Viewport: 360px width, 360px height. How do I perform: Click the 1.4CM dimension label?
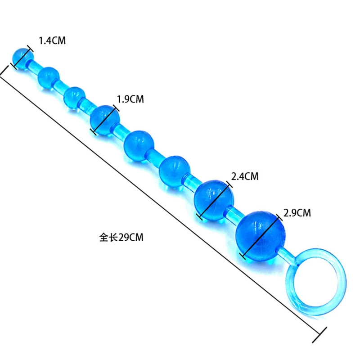tap(52, 41)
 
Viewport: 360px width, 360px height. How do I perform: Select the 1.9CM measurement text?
tap(130, 99)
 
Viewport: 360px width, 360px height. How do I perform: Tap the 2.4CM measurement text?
tap(245, 176)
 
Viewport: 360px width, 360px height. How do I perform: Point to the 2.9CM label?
tap(297, 212)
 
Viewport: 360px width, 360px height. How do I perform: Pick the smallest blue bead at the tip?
tap(22, 58)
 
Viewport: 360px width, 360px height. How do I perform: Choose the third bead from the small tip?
tap(74, 96)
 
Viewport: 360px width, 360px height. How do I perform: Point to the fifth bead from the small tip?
tap(139, 145)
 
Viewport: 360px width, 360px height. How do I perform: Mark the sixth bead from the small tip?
tap(173, 170)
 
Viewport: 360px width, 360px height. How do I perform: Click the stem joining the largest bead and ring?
tap(288, 255)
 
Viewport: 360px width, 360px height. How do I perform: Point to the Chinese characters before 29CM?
tap(108, 237)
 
